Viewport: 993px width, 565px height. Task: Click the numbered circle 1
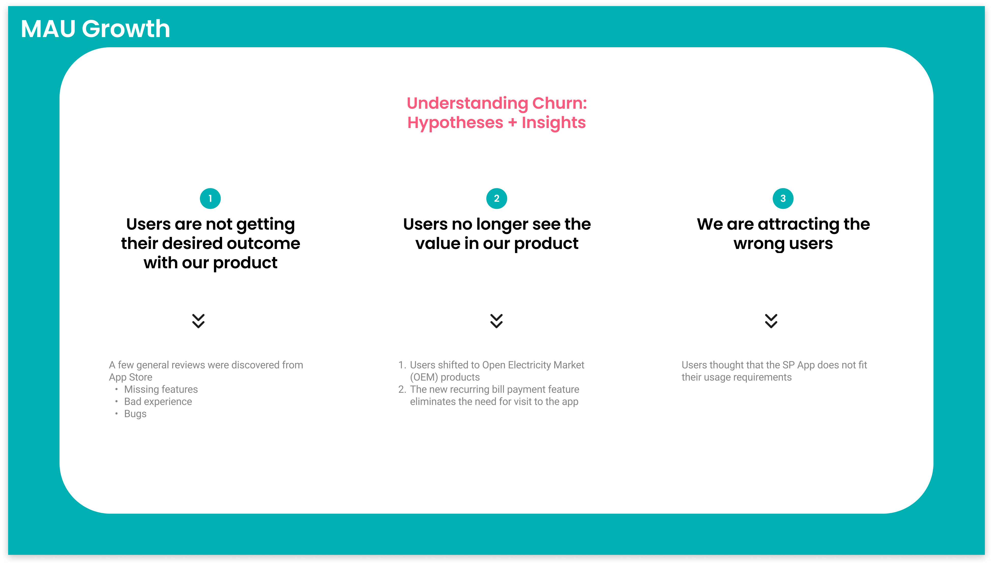tap(210, 199)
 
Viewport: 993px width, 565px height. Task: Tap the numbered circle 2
tap(496, 199)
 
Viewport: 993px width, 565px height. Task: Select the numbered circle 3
tap(783, 199)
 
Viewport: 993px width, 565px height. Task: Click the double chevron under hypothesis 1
tap(198, 321)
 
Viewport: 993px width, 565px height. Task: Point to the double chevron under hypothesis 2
tap(496, 321)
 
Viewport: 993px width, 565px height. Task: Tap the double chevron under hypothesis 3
tap(771, 321)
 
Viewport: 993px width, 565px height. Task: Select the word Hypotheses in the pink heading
tap(455, 123)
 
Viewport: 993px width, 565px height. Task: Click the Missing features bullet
tap(161, 389)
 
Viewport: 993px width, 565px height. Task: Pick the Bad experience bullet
tap(158, 402)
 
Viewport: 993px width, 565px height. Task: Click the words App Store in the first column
tap(130, 377)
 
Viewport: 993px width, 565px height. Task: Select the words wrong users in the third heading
tap(783, 244)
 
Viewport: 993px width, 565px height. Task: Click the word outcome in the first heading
tap(264, 244)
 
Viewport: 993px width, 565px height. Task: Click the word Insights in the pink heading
tap(554, 123)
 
